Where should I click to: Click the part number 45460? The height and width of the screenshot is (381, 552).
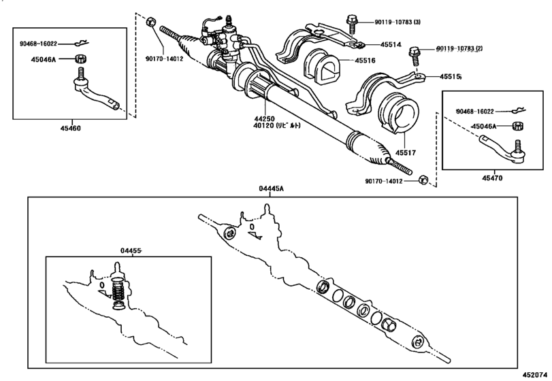(x=70, y=129)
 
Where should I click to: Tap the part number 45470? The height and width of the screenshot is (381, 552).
(x=492, y=178)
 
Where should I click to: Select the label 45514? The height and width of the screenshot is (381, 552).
(x=391, y=45)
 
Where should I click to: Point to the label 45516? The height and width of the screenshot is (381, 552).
(x=365, y=61)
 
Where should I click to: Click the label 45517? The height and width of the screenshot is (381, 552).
(x=405, y=152)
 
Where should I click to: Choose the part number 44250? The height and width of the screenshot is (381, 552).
(x=264, y=119)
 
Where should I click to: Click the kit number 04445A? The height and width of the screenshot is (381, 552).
(x=272, y=188)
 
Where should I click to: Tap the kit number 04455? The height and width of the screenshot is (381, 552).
(x=131, y=250)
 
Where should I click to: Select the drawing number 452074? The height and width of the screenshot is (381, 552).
(x=535, y=375)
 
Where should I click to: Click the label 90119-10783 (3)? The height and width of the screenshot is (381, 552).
(x=397, y=22)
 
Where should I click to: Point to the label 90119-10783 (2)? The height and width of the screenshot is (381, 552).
(x=459, y=48)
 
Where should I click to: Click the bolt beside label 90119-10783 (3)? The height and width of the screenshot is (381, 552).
(x=352, y=23)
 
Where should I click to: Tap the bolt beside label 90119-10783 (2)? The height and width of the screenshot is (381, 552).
(x=414, y=56)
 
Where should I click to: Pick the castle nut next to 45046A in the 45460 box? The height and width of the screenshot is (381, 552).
(x=81, y=59)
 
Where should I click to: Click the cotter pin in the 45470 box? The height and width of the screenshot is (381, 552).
(x=517, y=111)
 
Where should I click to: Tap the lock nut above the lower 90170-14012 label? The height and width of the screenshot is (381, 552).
(x=423, y=180)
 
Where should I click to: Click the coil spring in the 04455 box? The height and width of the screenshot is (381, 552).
(x=119, y=288)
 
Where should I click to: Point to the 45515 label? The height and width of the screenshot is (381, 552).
(x=451, y=76)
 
